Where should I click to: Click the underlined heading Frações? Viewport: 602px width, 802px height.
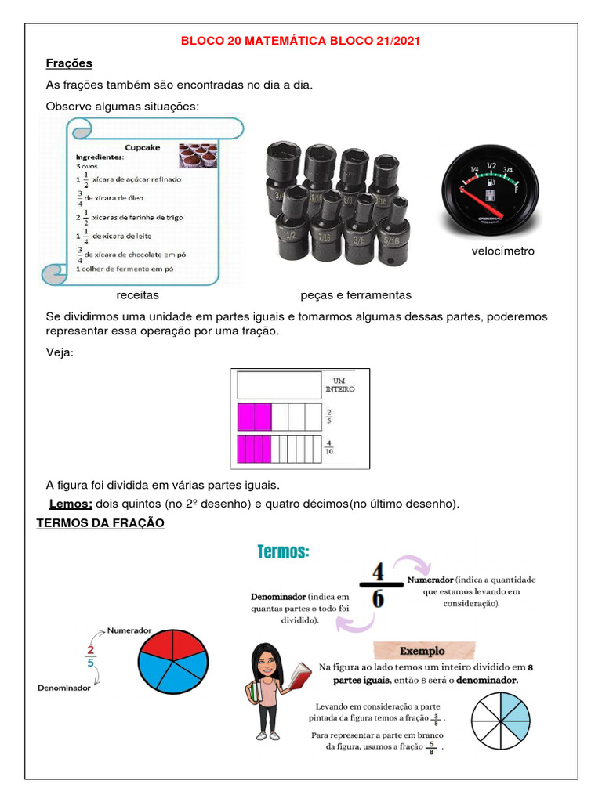coord(69,63)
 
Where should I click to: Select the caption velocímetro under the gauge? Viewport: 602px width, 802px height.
coord(502,251)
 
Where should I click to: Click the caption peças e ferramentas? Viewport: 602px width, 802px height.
coord(356,295)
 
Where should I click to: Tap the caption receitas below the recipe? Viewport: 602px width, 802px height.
coord(137,295)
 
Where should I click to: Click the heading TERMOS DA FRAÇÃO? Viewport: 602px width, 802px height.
coord(100,523)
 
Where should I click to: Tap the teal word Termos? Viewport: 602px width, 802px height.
coord(283,552)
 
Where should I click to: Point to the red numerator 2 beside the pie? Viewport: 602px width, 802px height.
coord(91,649)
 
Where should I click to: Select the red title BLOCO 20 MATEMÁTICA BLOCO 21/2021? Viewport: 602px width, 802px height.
coord(300,42)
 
